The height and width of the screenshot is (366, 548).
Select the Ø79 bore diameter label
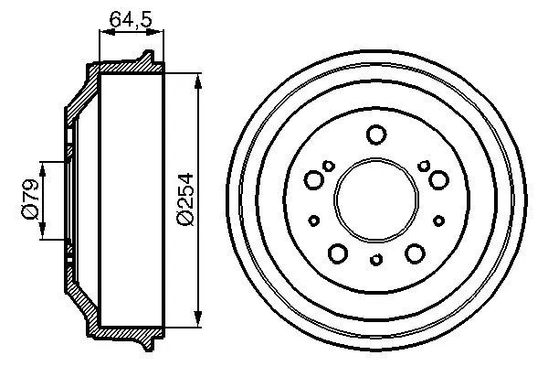point(28,199)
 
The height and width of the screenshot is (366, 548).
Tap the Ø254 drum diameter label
point(184,200)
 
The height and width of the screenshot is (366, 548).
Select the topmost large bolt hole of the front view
point(375,136)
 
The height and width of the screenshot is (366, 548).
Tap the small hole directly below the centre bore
point(376,261)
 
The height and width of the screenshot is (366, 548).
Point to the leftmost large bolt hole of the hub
point(314,179)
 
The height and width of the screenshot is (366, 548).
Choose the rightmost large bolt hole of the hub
point(437,179)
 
